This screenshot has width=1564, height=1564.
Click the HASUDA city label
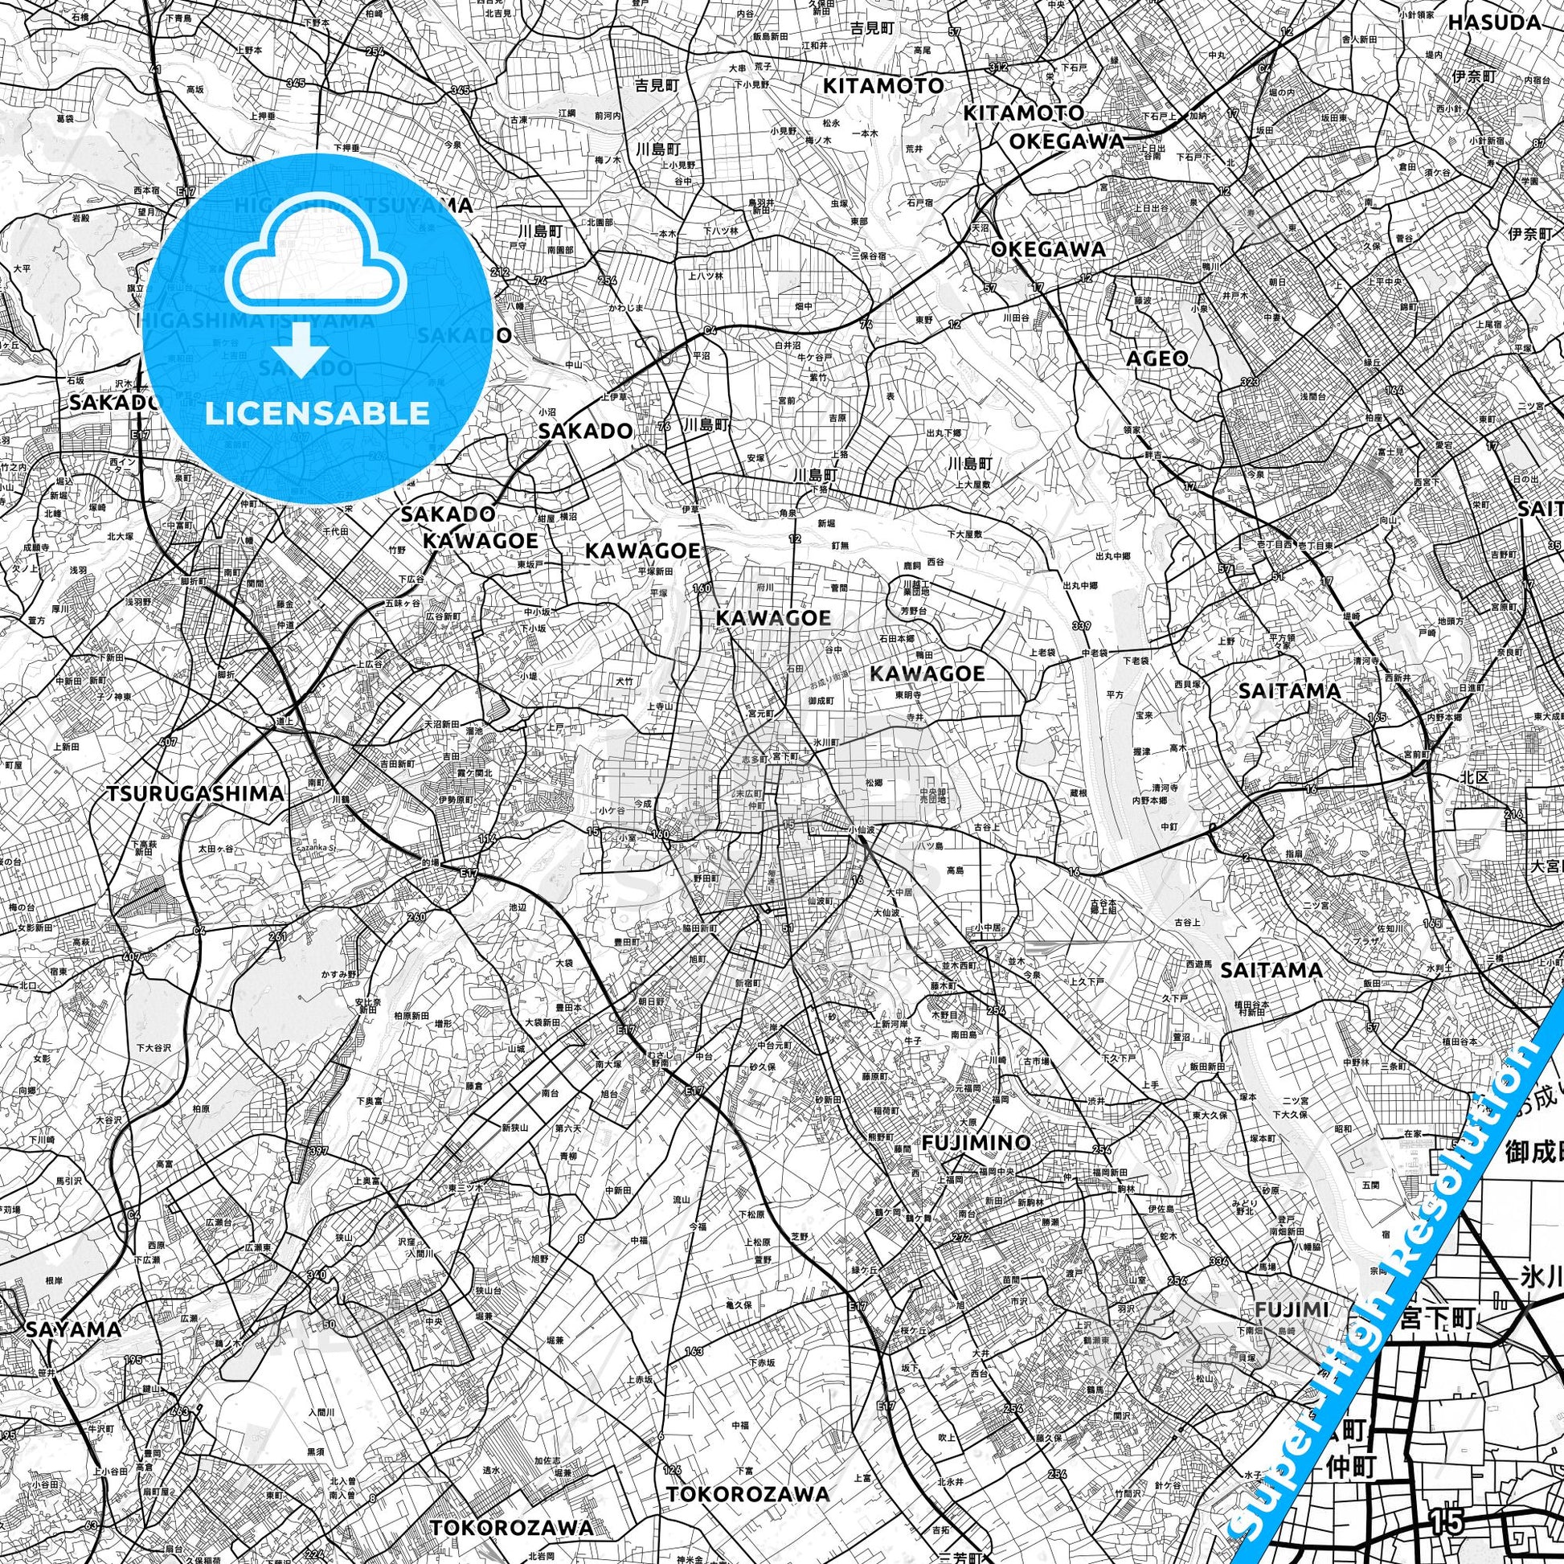[x=1494, y=22]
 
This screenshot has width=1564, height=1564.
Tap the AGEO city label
[x=1157, y=358]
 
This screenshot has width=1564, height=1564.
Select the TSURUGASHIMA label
[x=195, y=793]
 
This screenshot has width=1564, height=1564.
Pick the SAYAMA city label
[x=73, y=1329]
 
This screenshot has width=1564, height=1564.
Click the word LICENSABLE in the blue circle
[x=317, y=414]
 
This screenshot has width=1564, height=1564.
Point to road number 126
[x=671, y=1447]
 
